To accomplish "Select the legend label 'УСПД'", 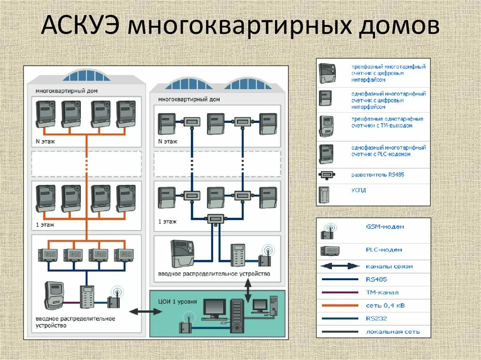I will (x=358, y=191).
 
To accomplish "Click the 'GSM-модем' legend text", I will (x=385, y=227).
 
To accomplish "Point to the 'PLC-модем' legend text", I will (x=384, y=250).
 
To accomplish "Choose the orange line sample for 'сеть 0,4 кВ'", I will (x=340, y=306).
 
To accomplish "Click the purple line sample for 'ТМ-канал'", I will (x=340, y=292).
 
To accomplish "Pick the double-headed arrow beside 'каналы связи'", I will (x=340, y=266).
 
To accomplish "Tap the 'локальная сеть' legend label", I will (x=392, y=332).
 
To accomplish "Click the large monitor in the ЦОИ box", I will (x=214, y=308).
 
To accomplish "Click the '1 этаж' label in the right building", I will (x=167, y=222).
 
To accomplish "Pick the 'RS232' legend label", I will (x=375, y=319).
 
